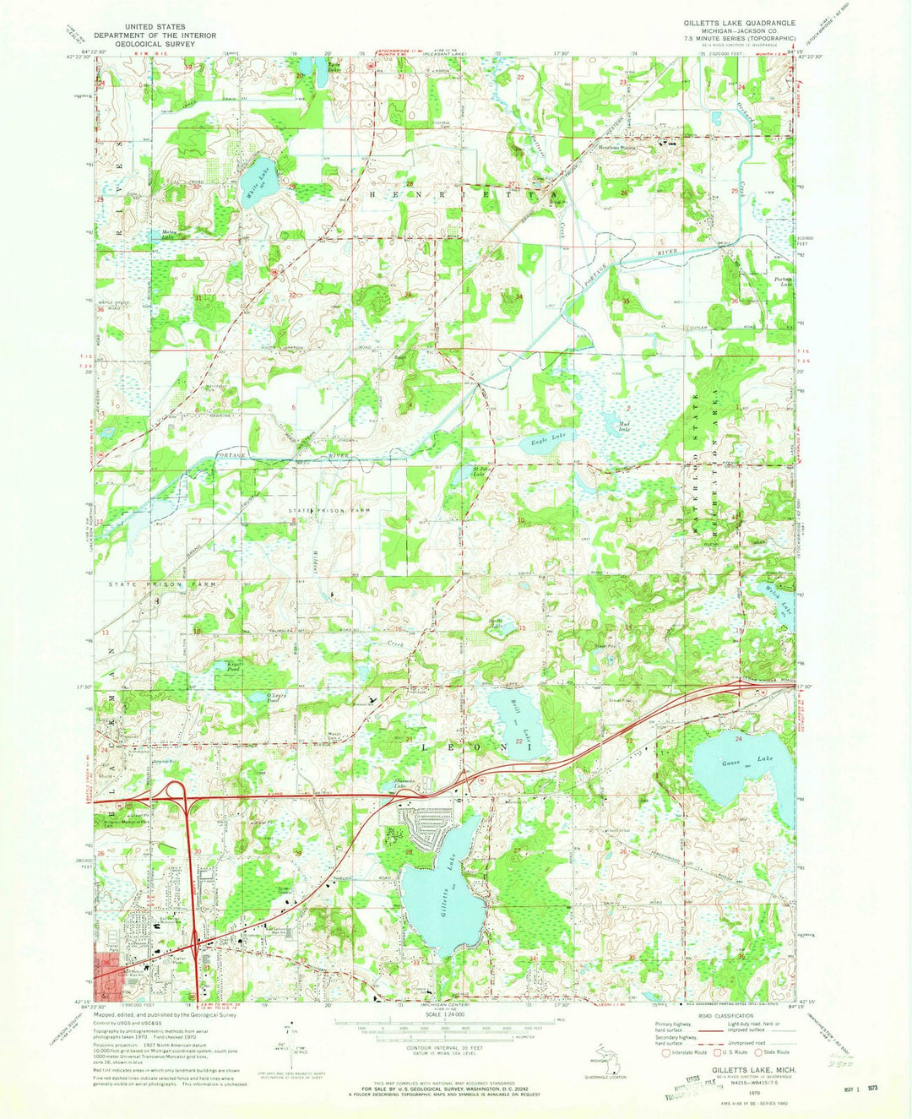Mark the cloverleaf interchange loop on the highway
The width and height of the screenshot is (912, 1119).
click(176, 791)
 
